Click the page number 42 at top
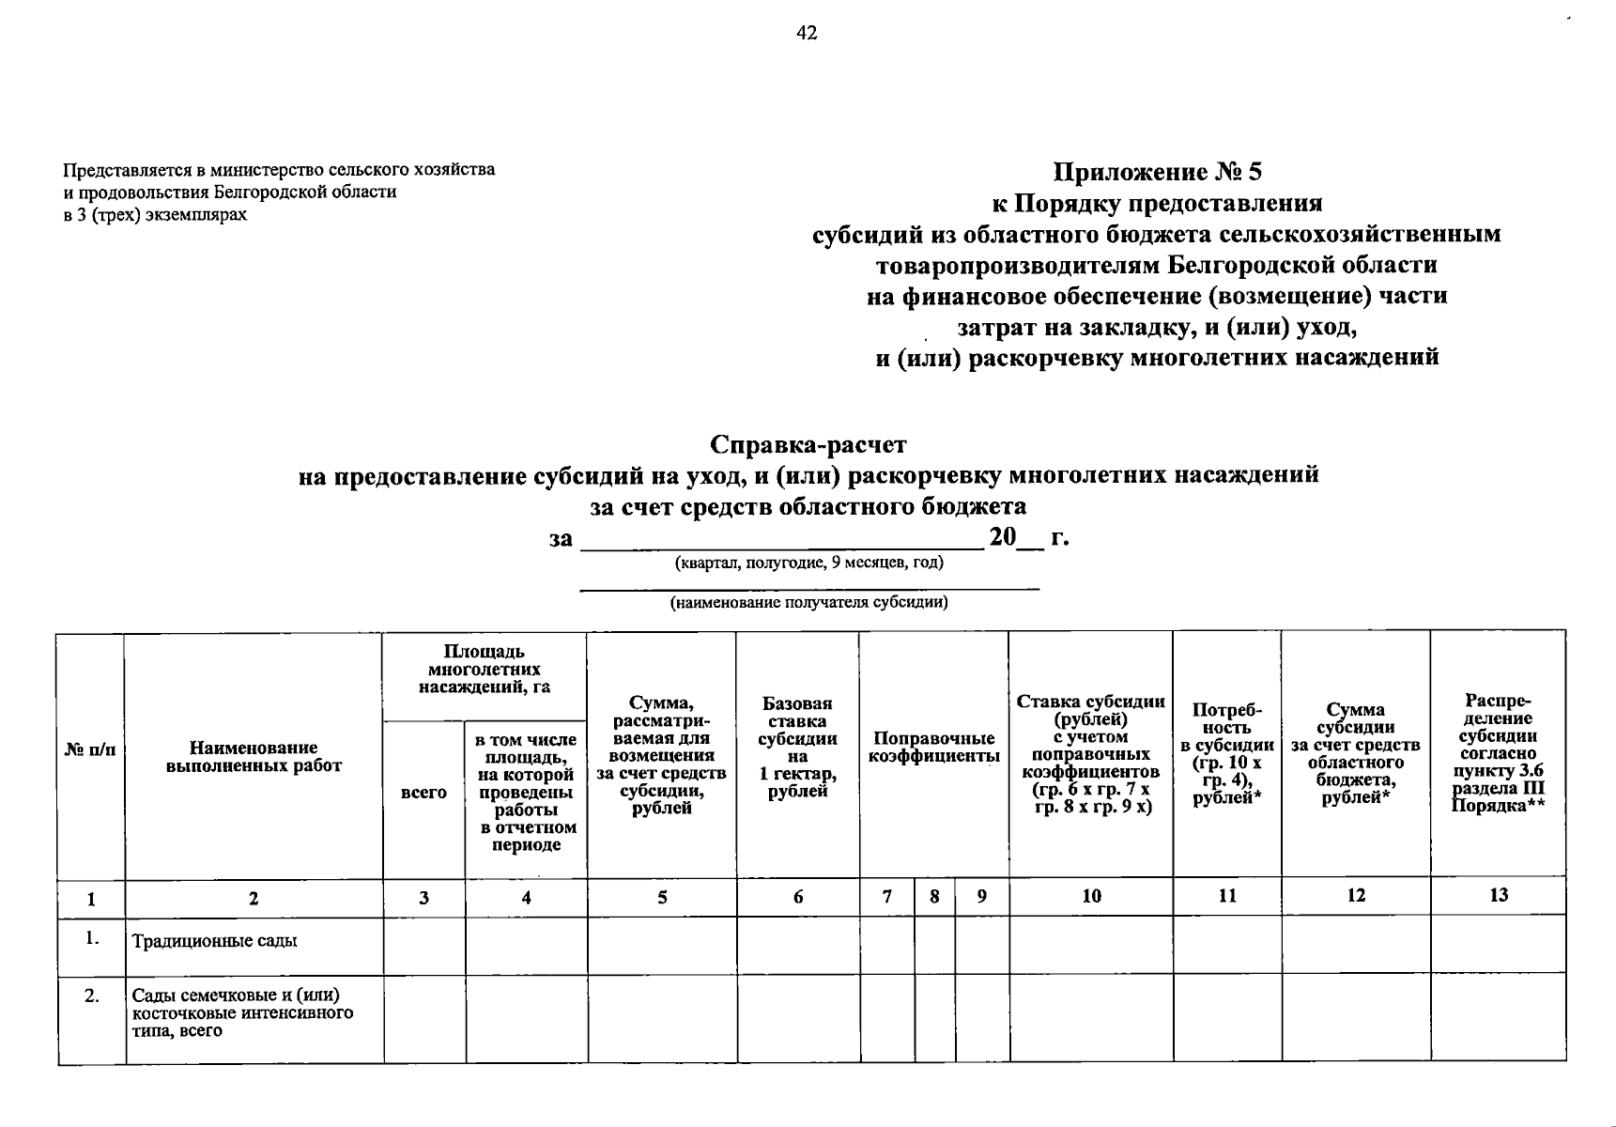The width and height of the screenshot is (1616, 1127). (x=807, y=34)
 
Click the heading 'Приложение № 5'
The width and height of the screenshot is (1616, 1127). (x=1157, y=172)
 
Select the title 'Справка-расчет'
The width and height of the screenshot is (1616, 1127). (x=808, y=443)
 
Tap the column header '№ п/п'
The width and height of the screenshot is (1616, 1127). (x=91, y=749)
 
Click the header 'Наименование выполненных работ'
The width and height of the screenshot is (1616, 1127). (x=254, y=757)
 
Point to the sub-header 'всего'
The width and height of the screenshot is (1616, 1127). (x=423, y=793)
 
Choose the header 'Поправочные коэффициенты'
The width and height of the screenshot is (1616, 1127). (x=933, y=748)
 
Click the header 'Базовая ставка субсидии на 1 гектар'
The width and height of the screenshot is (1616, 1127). (x=797, y=748)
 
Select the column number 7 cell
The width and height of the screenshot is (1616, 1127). (x=886, y=897)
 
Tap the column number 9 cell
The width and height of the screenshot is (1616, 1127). (x=981, y=897)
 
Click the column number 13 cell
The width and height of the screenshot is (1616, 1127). (x=1498, y=895)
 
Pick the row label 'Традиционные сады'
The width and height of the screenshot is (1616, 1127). (x=214, y=941)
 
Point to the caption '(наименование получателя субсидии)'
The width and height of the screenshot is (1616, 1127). (x=808, y=603)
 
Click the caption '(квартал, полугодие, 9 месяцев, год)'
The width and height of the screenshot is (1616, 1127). (x=808, y=563)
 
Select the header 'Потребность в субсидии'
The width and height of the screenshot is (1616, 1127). (x=1226, y=753)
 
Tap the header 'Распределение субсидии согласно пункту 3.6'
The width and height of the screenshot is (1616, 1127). (x=1498, y=753)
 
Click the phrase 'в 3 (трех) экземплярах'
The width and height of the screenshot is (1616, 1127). (x=155, y=215)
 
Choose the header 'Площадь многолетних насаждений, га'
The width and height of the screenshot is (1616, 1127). (x=484, y=669)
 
